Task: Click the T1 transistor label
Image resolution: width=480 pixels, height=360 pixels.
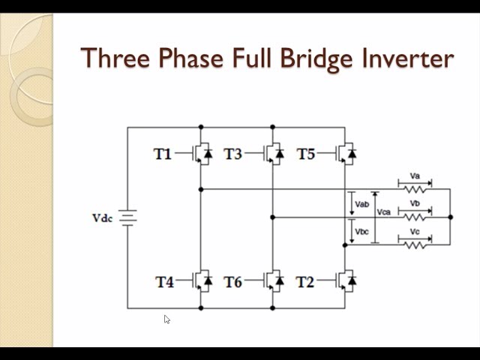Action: coord(163,154)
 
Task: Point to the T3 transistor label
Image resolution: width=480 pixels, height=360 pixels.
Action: coord(233,154)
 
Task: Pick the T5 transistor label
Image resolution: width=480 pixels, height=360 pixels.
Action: coord(305,154)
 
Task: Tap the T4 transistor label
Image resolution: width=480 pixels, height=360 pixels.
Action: coord(164,282)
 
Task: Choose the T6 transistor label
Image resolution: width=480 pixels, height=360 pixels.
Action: coord(233,282)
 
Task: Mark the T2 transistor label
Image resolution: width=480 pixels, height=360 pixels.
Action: coord(304,282)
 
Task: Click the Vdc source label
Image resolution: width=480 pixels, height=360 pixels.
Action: coord(102,218)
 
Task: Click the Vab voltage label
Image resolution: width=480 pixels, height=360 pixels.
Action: coord(362,203)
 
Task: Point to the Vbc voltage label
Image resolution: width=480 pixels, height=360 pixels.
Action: coord(362,231)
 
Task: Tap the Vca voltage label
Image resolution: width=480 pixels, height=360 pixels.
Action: coord(384,212)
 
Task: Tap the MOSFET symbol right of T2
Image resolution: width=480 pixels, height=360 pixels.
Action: coord(345,280)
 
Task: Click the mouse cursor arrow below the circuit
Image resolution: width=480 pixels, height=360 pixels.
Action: coord(166,319)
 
